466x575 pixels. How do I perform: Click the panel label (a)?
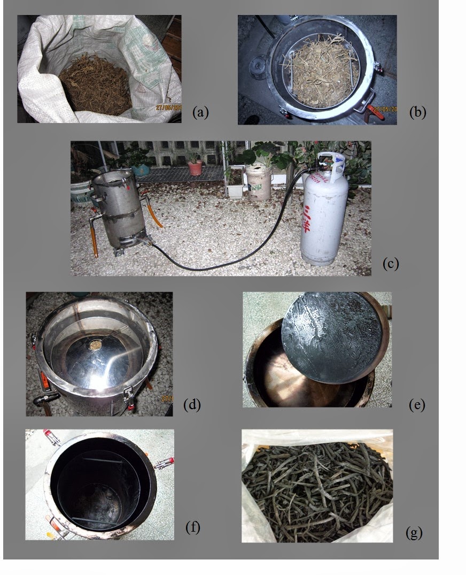(200, 112)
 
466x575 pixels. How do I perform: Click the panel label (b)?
(417, 112)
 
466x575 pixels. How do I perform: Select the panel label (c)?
(391, 263)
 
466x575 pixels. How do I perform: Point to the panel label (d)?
(191, 404)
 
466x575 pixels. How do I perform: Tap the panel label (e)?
(416, 405)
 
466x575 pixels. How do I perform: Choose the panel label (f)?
(192, 527)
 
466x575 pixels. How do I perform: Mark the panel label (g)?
(414, 533)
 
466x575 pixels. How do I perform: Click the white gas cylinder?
(324, 214)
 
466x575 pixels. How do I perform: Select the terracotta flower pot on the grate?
(196, 167)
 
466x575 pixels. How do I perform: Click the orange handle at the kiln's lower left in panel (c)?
(95, 242)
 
